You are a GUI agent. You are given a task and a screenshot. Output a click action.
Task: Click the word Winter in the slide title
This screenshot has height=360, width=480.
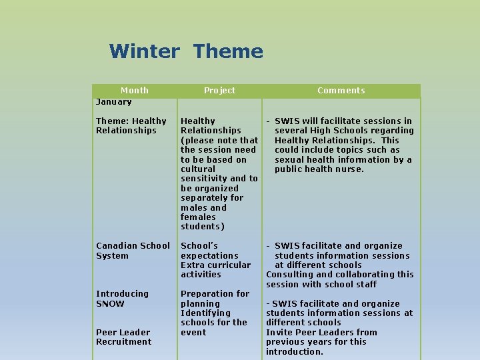point(144,51)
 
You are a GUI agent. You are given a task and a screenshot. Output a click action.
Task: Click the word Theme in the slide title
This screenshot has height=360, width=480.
point(228,51)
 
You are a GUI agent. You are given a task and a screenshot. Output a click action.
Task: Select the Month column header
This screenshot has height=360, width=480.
point(134,91)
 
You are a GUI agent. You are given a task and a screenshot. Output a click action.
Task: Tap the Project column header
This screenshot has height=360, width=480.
point(219,91)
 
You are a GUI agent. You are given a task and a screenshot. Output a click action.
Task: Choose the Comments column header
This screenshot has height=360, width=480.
point(341,91)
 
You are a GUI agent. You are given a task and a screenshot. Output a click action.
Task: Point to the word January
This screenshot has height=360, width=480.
point(113,102)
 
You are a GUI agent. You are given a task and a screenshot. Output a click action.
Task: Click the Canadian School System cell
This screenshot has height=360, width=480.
point(133,251)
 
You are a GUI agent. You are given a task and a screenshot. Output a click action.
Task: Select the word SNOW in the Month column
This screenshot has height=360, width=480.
point(110,304)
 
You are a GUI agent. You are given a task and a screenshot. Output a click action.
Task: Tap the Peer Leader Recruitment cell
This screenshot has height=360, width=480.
point(123,337)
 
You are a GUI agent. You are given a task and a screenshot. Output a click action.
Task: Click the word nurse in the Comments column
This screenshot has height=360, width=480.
point(351,169)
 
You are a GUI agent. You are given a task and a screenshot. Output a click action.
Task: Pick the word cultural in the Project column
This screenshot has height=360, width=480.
point(198,169)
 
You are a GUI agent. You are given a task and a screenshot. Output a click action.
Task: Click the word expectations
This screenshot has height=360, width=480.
point(209,256)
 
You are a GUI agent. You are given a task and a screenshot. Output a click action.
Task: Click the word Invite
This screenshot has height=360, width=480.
point(279,333)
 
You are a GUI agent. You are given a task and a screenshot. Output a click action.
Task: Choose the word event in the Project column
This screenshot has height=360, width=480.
point(193,333)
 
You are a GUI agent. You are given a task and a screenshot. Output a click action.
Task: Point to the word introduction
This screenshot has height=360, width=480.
point(294,352)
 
